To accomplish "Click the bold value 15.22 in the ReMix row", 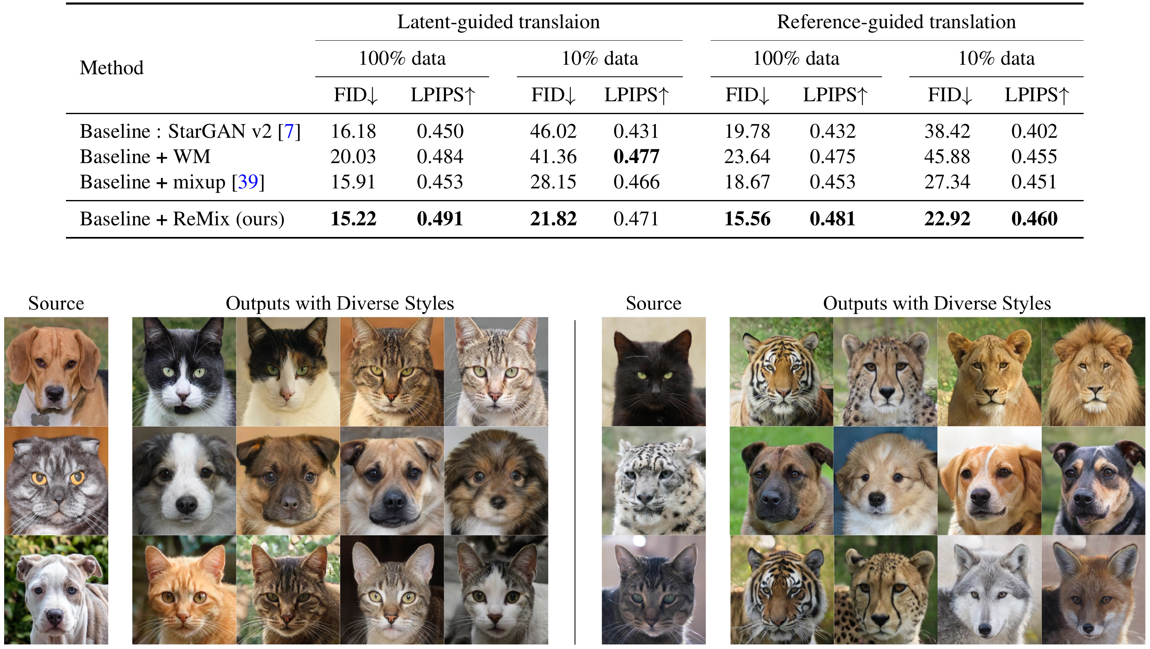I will pos(353,219).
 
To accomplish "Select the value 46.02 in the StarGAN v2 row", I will pos(553,131).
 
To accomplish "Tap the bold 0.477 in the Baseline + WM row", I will pos(636,157).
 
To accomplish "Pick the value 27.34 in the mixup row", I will pos(947,182).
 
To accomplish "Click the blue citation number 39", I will pos(248,182).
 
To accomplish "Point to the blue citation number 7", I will pos(289,131).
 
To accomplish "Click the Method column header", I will pos(112,68).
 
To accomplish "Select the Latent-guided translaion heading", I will pos(498,22).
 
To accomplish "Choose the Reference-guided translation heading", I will pos(896,22).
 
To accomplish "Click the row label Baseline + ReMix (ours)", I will pos(182,219).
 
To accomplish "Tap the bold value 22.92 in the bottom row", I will pos(947,219).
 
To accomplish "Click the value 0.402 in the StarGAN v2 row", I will pos(1034,131).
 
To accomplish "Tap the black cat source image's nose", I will pos(655,390).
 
